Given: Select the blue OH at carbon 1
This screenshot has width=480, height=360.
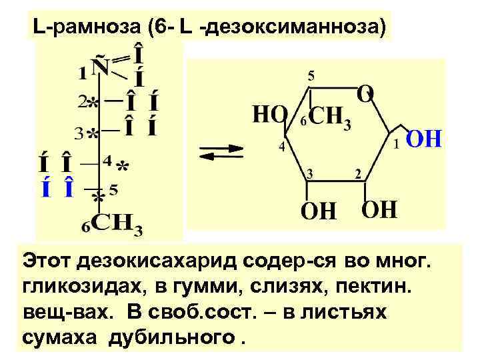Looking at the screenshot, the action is (424, 141).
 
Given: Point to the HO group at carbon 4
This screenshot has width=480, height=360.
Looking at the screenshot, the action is (269, 115).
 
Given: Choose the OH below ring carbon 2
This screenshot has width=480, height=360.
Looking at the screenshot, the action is (379, 211).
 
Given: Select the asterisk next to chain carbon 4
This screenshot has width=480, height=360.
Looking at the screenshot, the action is (123, 165).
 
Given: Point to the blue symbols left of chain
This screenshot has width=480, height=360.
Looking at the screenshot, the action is (57, 189).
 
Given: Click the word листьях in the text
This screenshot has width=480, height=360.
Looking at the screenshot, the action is (350, 312).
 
